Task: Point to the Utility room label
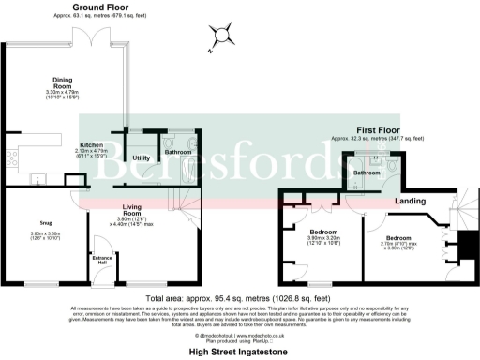pyautogui.click(x=142, y=157)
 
